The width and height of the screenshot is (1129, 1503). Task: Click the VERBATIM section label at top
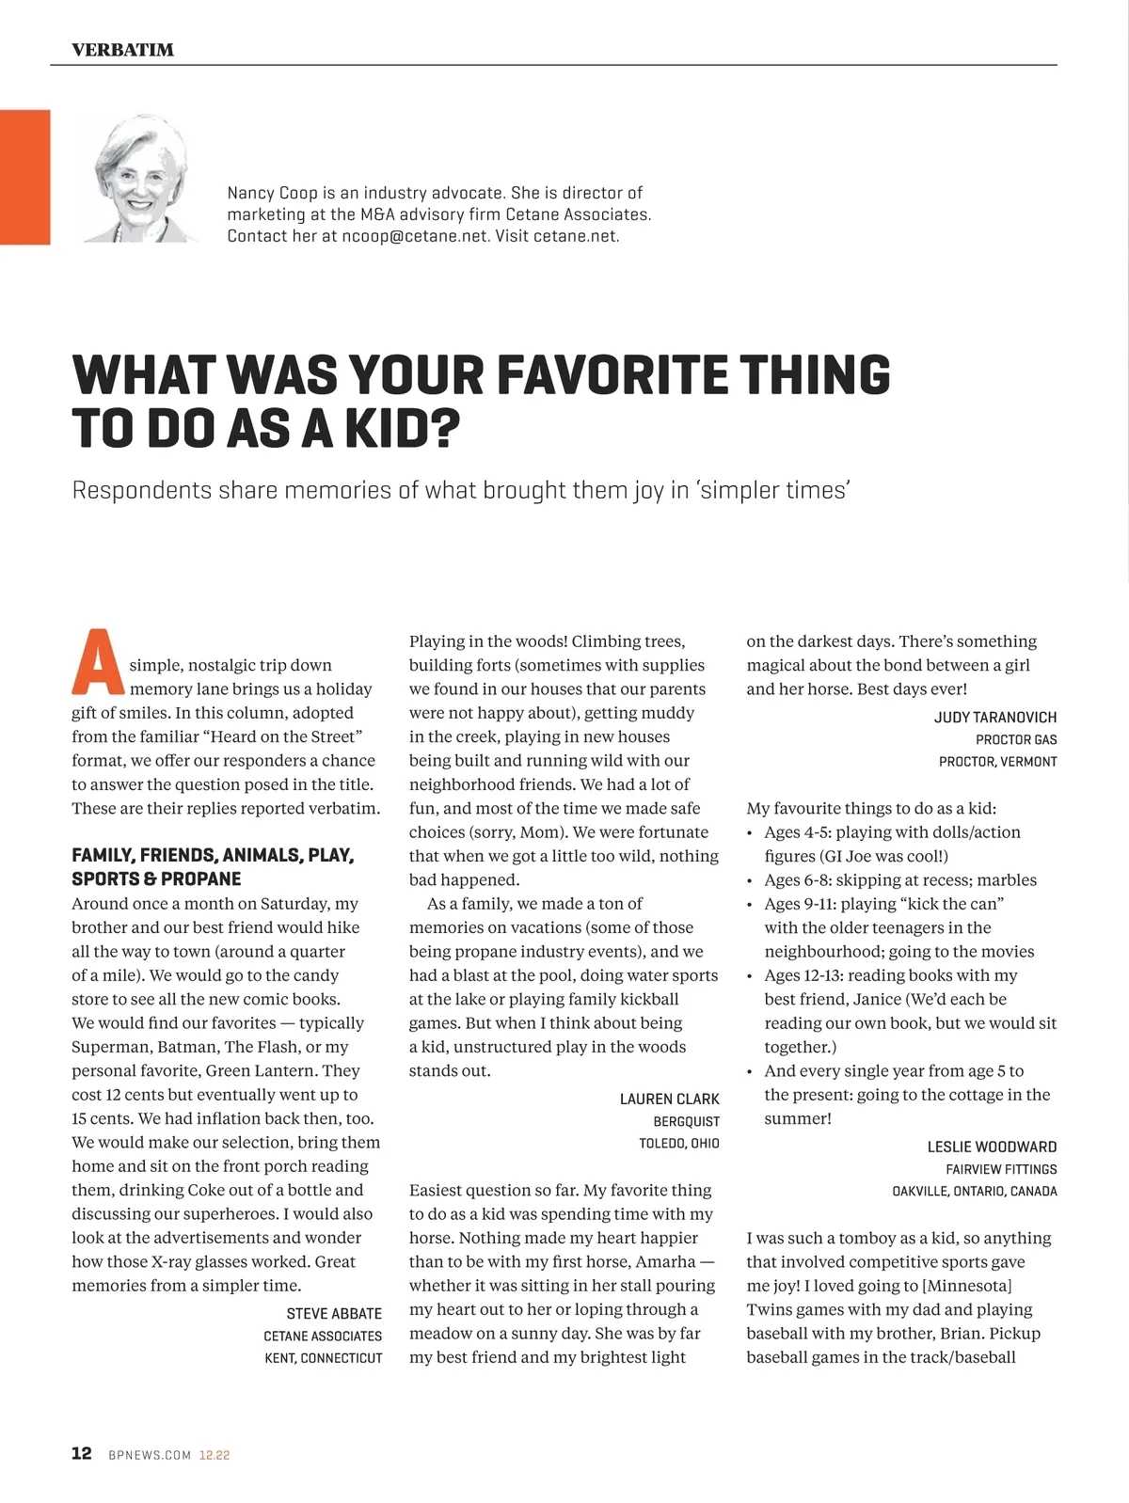pos(122,50)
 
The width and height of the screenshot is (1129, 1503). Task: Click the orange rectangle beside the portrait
pos(24,177)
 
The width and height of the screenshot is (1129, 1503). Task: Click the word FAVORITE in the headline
pos(612,374)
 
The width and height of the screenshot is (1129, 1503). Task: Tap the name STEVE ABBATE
pos(334,1314)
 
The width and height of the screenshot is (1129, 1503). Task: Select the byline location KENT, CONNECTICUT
pos(323,1358)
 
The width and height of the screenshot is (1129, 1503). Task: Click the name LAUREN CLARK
pos(669,1099)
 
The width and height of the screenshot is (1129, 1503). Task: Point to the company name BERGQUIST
pos(686,1121)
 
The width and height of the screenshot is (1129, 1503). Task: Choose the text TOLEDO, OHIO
pos(678,1144)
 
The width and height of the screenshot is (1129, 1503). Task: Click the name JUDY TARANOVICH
pos(994,717)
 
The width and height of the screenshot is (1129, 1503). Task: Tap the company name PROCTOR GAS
pos(1015,739)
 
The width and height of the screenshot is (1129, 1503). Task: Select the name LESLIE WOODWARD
pos(992,1147)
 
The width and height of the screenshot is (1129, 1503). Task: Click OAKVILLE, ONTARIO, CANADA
pos(974,1192)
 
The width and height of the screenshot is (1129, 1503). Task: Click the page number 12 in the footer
pos(82,1453)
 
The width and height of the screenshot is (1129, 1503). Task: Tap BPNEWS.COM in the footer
pos(150,1455)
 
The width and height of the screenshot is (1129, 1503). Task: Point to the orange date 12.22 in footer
pos(215,1455)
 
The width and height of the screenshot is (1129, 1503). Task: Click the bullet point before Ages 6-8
pos(750,881)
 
